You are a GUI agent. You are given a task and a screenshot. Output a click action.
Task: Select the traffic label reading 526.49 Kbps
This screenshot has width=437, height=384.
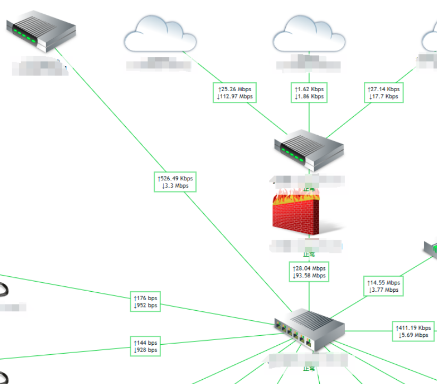tap(174, 182)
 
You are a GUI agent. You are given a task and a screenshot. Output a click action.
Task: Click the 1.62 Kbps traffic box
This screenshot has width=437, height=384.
tap(309, 93)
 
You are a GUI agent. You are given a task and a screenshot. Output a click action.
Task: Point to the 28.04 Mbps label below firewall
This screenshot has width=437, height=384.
tap(309, 272)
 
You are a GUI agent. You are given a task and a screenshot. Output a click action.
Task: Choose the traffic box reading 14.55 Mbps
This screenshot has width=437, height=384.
tap(383, 286)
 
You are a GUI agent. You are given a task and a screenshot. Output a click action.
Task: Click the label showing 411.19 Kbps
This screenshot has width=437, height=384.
tap(413, 331)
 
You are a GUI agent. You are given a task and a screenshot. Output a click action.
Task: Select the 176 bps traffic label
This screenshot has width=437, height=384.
tap(145, 301)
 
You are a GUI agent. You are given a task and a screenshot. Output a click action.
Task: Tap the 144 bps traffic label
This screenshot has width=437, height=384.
tap(145, 346)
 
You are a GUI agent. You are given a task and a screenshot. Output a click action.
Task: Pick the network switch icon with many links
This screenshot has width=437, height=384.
tap(309, 330)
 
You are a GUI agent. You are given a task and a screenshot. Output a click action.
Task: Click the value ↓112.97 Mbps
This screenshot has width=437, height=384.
tap(235, 97)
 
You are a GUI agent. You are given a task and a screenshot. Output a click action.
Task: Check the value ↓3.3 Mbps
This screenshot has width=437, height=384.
tap(174, 186)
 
